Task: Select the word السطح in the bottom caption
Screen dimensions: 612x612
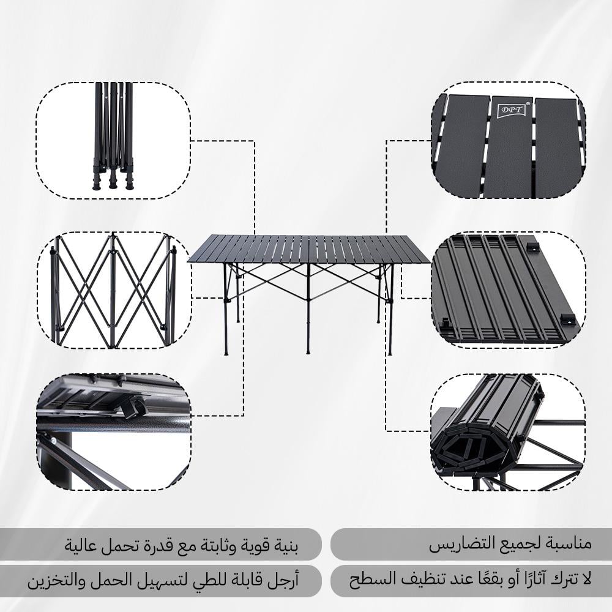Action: coord(367,579)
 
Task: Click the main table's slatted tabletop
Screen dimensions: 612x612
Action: coord(309,249)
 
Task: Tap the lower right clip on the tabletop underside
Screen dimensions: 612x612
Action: coord(567,319)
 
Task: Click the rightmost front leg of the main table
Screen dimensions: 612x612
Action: coord(390,312)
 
